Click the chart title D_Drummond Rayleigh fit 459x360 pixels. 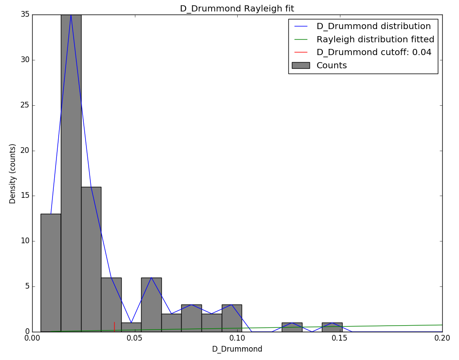(x=237, y=9)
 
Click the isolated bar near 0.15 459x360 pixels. (x=332, y=327)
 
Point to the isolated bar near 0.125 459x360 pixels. (x=292, y=327)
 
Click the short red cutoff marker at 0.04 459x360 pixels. (x=114, y=327)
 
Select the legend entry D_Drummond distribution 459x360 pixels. (x=373, y=26)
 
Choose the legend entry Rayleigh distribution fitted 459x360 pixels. (x=375, y=39)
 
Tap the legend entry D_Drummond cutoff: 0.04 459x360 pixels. (x=374, y=52)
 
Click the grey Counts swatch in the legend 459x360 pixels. (x=301, y=65)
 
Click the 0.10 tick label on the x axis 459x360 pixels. (x=237, y=338)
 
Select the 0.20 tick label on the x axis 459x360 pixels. (x=442, y=338)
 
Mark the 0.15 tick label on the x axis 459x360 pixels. (x=340, y=338)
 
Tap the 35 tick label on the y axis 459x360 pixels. (x=25, y=15)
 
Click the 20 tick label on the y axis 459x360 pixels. (x=25, y=151)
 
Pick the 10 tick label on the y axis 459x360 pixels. (x=25, y=241)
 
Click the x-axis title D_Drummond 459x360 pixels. (x=237, y=349)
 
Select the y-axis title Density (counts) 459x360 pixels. (x=13, y=173)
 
